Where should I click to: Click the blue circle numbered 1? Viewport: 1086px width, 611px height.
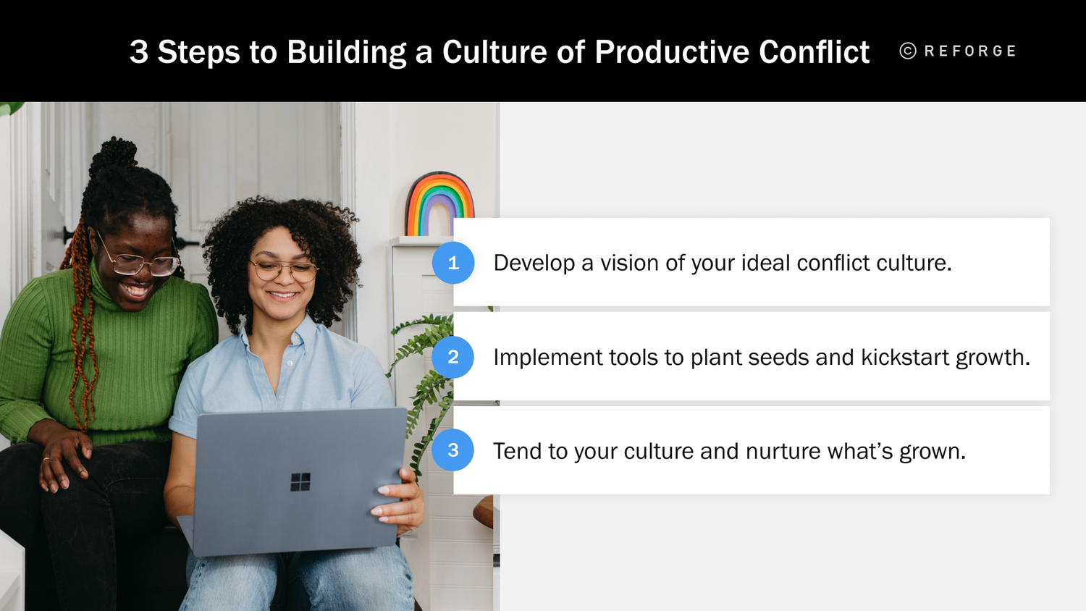point(453,263)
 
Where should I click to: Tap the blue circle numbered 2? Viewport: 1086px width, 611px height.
point(453,357)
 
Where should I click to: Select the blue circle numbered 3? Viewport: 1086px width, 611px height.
point(453,450)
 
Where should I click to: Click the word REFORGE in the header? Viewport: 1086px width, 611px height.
point(970,51)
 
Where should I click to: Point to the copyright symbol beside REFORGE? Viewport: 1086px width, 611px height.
point(908,51)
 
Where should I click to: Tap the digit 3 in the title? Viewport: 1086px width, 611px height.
point(139,52)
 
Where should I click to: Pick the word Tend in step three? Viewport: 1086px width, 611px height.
point(517,451)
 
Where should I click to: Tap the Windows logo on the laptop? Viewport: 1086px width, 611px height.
point(300,481)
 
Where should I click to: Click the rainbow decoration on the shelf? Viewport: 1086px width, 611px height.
point(439,204)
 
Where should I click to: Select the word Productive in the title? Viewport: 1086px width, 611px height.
point(672,52)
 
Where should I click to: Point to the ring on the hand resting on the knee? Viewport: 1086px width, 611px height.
point(46,459)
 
